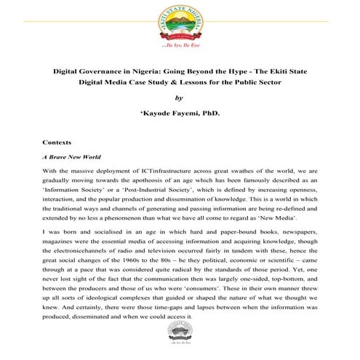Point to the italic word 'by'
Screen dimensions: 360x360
coord(180,99)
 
